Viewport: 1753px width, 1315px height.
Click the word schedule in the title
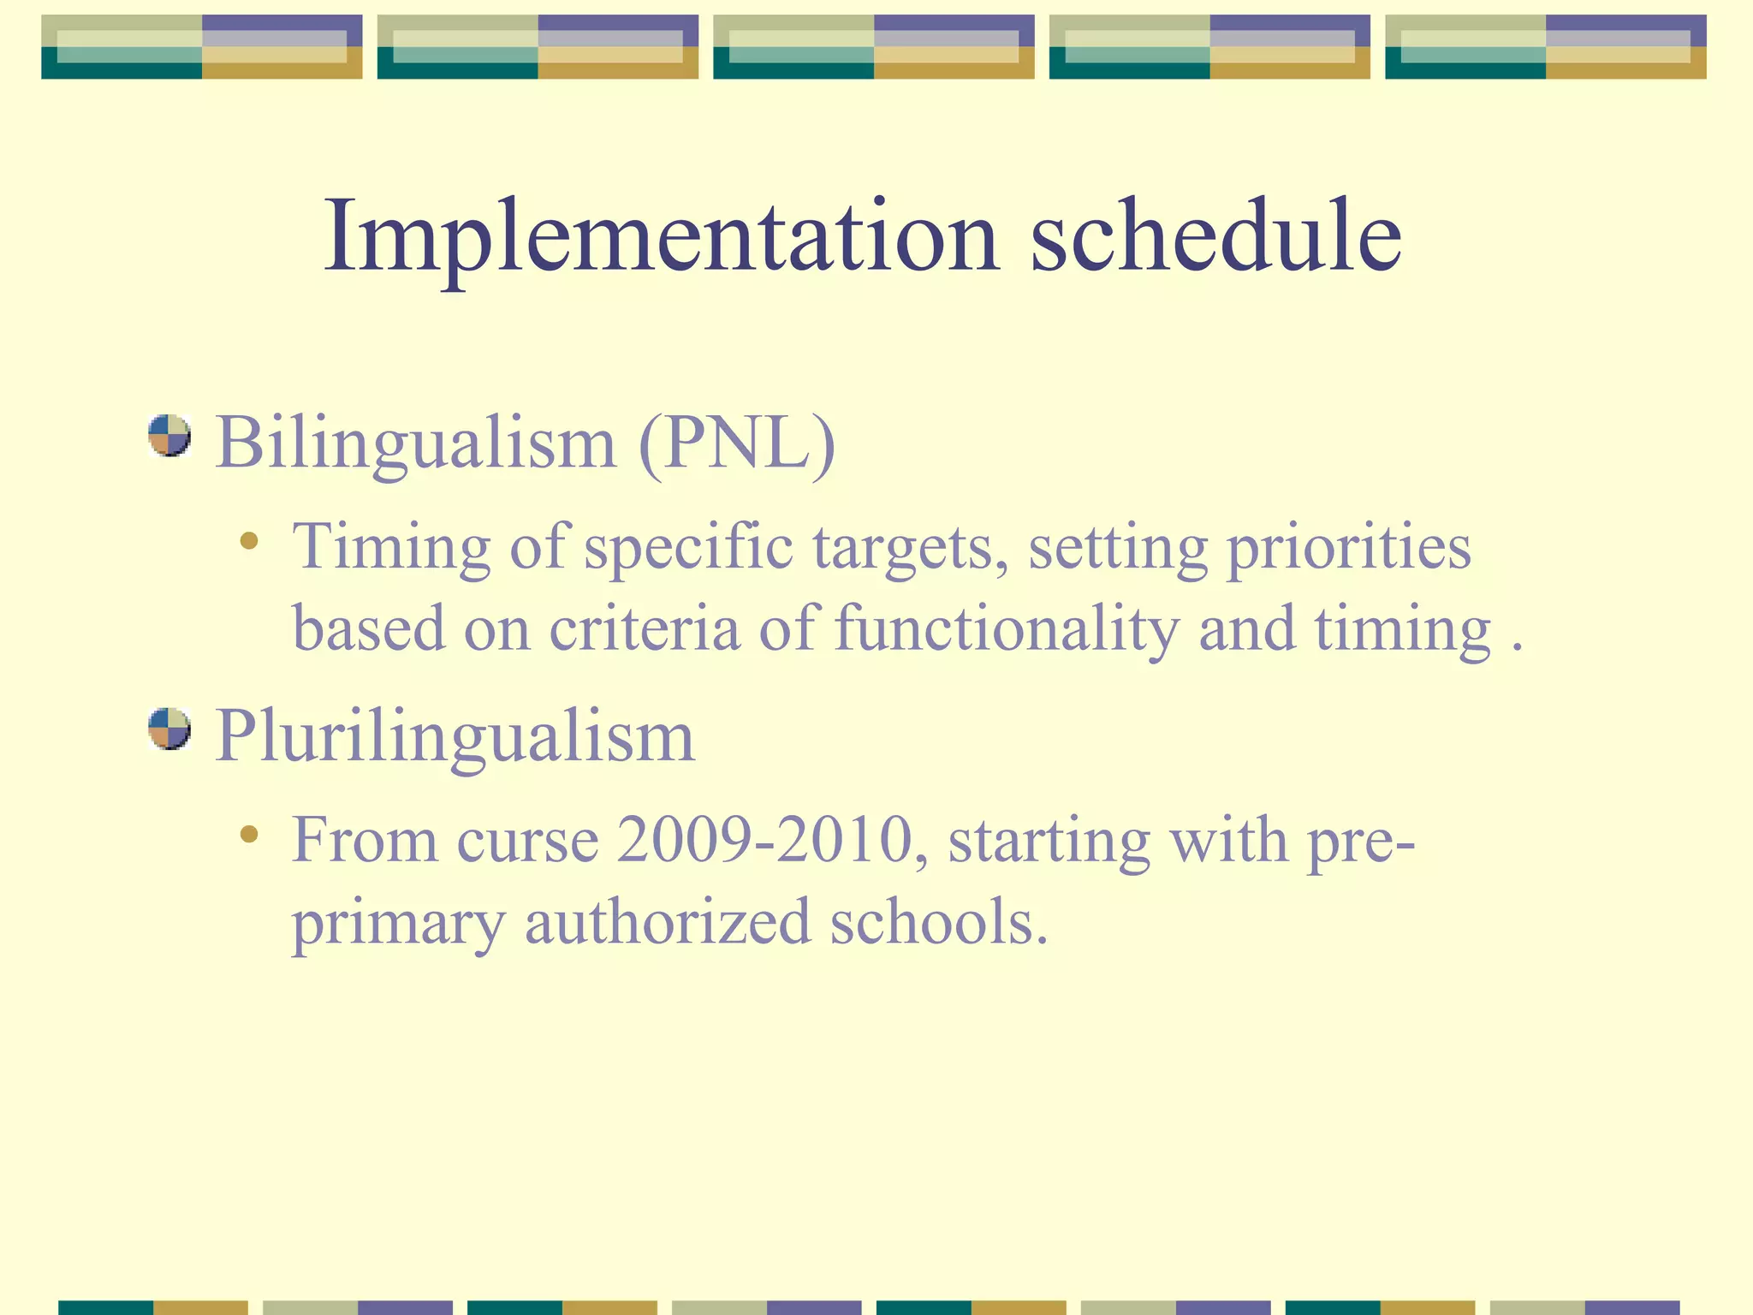point(1215,235)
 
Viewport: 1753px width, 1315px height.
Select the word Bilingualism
point(416,443)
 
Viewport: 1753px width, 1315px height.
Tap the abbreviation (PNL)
point(736,443)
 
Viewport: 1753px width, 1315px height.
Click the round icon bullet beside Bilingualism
point(169,436)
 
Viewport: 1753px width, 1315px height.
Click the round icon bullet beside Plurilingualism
point(169,729)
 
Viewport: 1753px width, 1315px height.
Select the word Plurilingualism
point(455,736)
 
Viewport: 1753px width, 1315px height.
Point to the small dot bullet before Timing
point(249,540)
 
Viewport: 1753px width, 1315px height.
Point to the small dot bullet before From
point(249,834)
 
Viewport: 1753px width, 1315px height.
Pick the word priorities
point(1349,548)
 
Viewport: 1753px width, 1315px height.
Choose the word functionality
point(1006,628)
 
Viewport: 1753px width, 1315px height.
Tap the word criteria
point(644,628)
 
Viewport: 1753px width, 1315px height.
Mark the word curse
point(526,840)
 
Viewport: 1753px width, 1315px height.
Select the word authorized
point(667,923)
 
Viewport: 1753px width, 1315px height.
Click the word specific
point(688,548)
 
